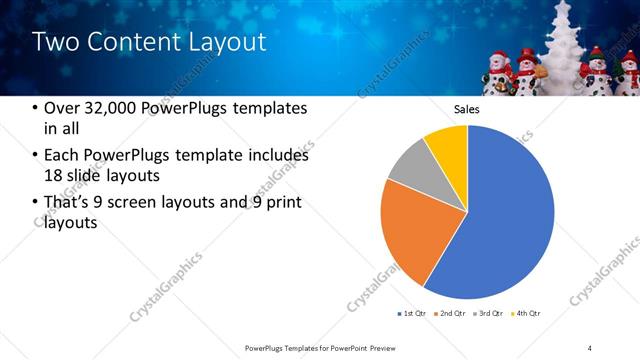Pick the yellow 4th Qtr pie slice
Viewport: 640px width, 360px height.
click(x=446, y=145)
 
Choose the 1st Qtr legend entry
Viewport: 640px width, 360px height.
click(x=412, y=314)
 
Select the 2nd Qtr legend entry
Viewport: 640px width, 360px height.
click(x=450, y=314)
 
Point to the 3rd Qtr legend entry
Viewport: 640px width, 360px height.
click(x=489, y=314)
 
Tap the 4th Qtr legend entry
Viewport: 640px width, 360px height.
click(x=527, y=314)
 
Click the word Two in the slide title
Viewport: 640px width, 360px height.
click(x=54, y=41)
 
